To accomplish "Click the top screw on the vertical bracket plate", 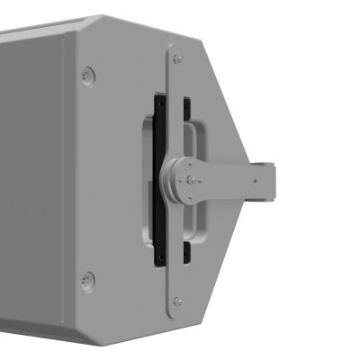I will click(x=177, y=58).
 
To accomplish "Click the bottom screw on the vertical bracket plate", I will click(x=177, y=301).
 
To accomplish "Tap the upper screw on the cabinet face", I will click(x=86, y=76).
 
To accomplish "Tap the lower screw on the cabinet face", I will click(x=87, y=281).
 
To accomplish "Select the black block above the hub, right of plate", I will click(x=184, y=106).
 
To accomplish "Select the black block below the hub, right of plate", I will click(x=184, y=255).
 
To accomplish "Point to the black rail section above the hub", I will click(x=159, y=126).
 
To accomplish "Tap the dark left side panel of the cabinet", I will click(x=31, y=180).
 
